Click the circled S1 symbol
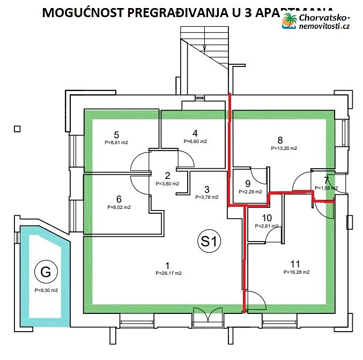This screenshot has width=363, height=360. pyautogui.click(x=210, y=242)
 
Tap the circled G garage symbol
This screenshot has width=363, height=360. pyautogui.click(x=46, y=273)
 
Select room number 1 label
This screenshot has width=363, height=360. pyautogui.click(x=167, y=265)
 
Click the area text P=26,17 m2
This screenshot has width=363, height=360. pyautogui.click(x=167, y=273)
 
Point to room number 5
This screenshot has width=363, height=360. pyautogui.click(x=116, y=134)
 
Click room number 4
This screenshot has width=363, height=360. pyautogui.click(x=195, y=133)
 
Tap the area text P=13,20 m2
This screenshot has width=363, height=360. pyautogui.click(x=284, y=148)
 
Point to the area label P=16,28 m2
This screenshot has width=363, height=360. pyautogui.click(x=297, y=272)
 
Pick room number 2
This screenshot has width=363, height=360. pyautogui.click(x=167, y=175)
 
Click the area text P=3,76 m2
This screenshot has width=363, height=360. pyautogui.click(x=206, y=197)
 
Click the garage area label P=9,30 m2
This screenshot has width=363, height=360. pyautogui.click(x=46, y=290)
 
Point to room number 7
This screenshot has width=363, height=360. pyautogui.click(x=327, y=180)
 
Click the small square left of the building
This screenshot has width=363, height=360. pyautogui.click(x=17, y=129)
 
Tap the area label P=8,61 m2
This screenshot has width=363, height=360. pyautogui.click(x=116, y=142)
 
